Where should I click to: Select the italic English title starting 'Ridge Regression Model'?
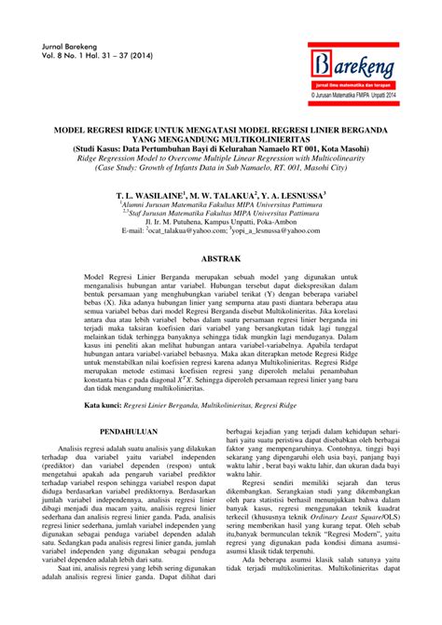[220, 160]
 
